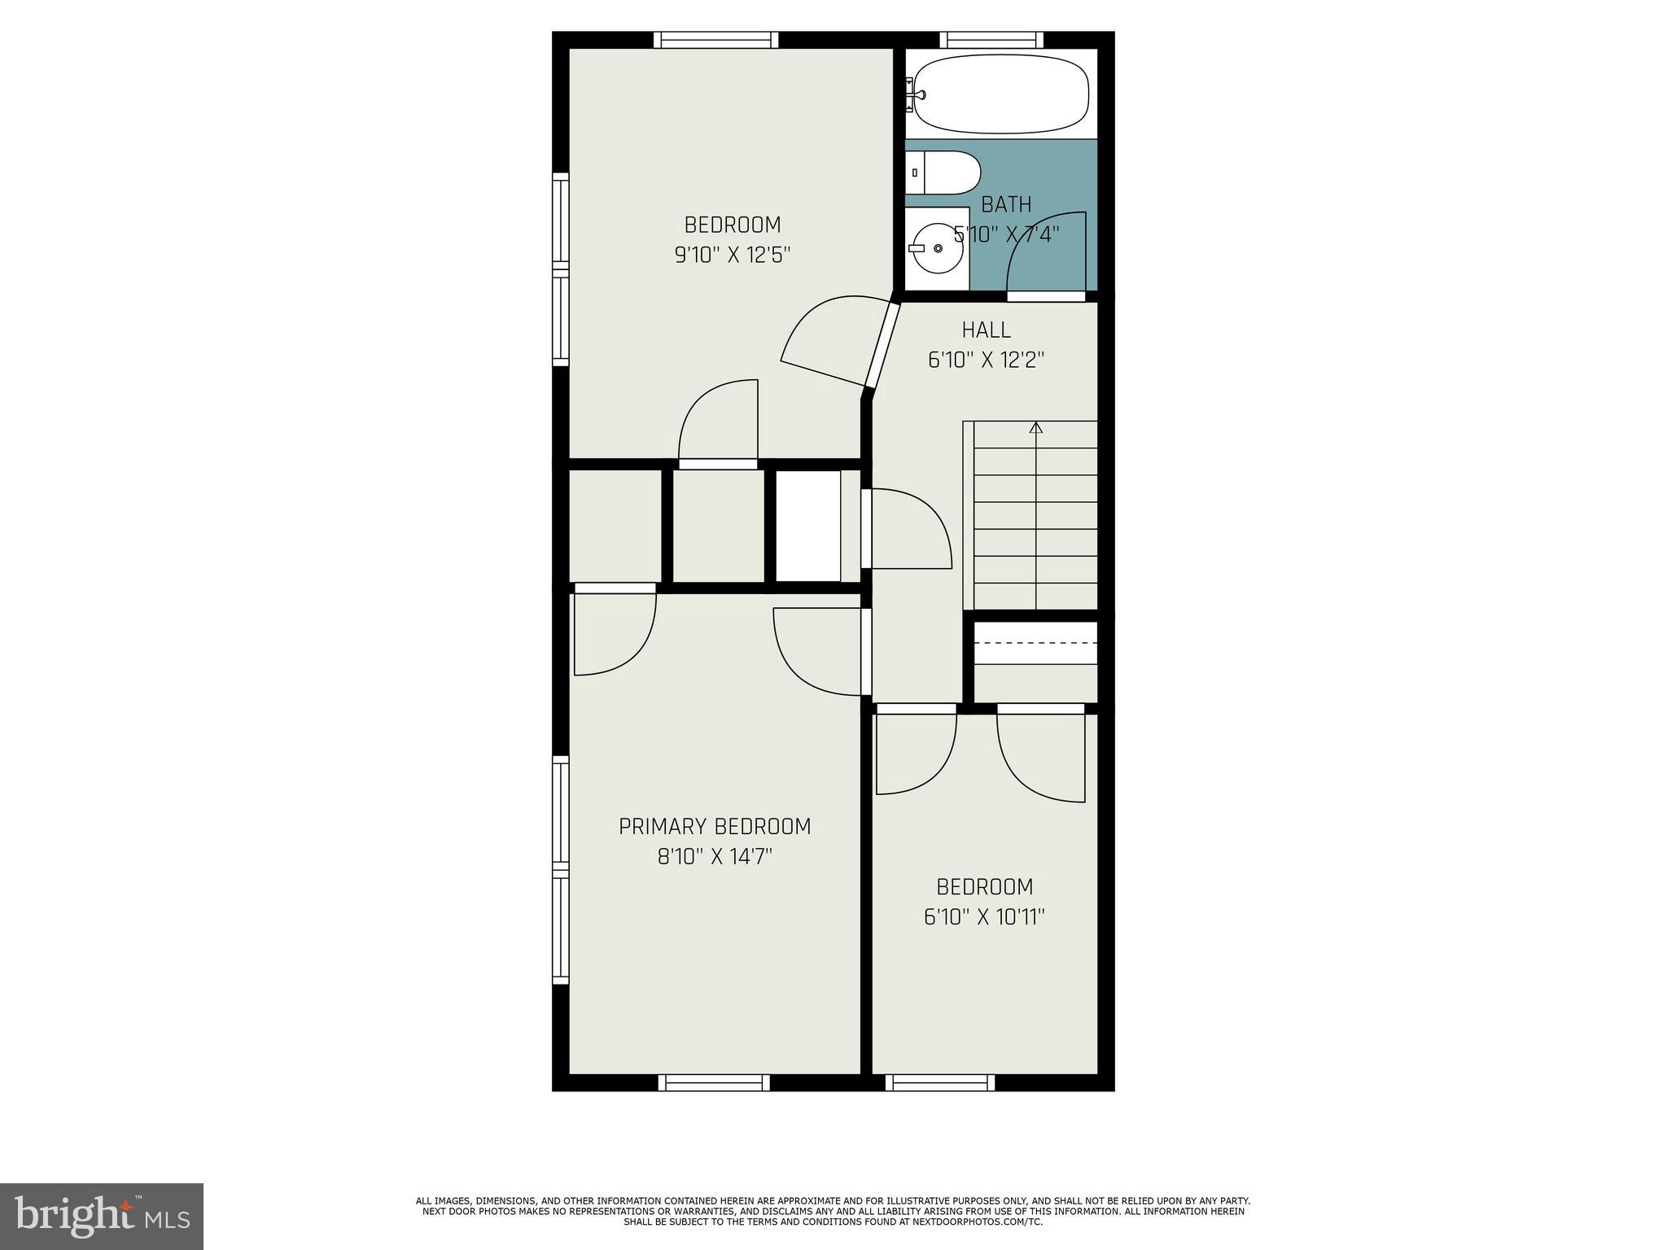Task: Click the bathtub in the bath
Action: tap(1000, 94)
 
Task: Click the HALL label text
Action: tap(986, 330)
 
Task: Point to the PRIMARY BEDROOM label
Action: tap(715, 827)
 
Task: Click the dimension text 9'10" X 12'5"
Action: tap(733, 255)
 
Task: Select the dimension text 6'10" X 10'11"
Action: tap(984, 917)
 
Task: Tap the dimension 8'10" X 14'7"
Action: tap(715, 857)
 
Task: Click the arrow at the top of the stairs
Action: tap(1036, 427)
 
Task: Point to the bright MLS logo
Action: tap(101, 1216)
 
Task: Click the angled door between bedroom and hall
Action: tap(882, 345)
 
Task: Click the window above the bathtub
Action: tap(991, 40)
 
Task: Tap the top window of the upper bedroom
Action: tap(715, 40)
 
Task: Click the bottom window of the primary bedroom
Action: tap(714, 1082)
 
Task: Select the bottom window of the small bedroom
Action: tap(940, 1082)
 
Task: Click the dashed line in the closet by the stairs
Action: tap(1035, 642)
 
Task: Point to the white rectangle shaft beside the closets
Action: tap(807, 526)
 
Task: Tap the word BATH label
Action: tap(1006, 204)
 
